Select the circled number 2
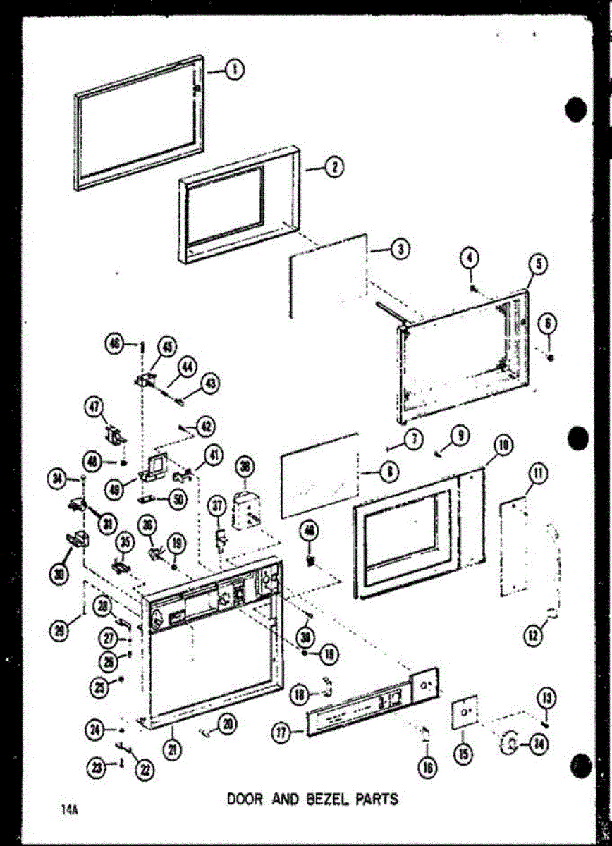(333, 167)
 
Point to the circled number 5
(539, 265)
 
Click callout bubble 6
(549, 324)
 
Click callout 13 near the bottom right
(544, 698)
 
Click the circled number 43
(209, 383)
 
